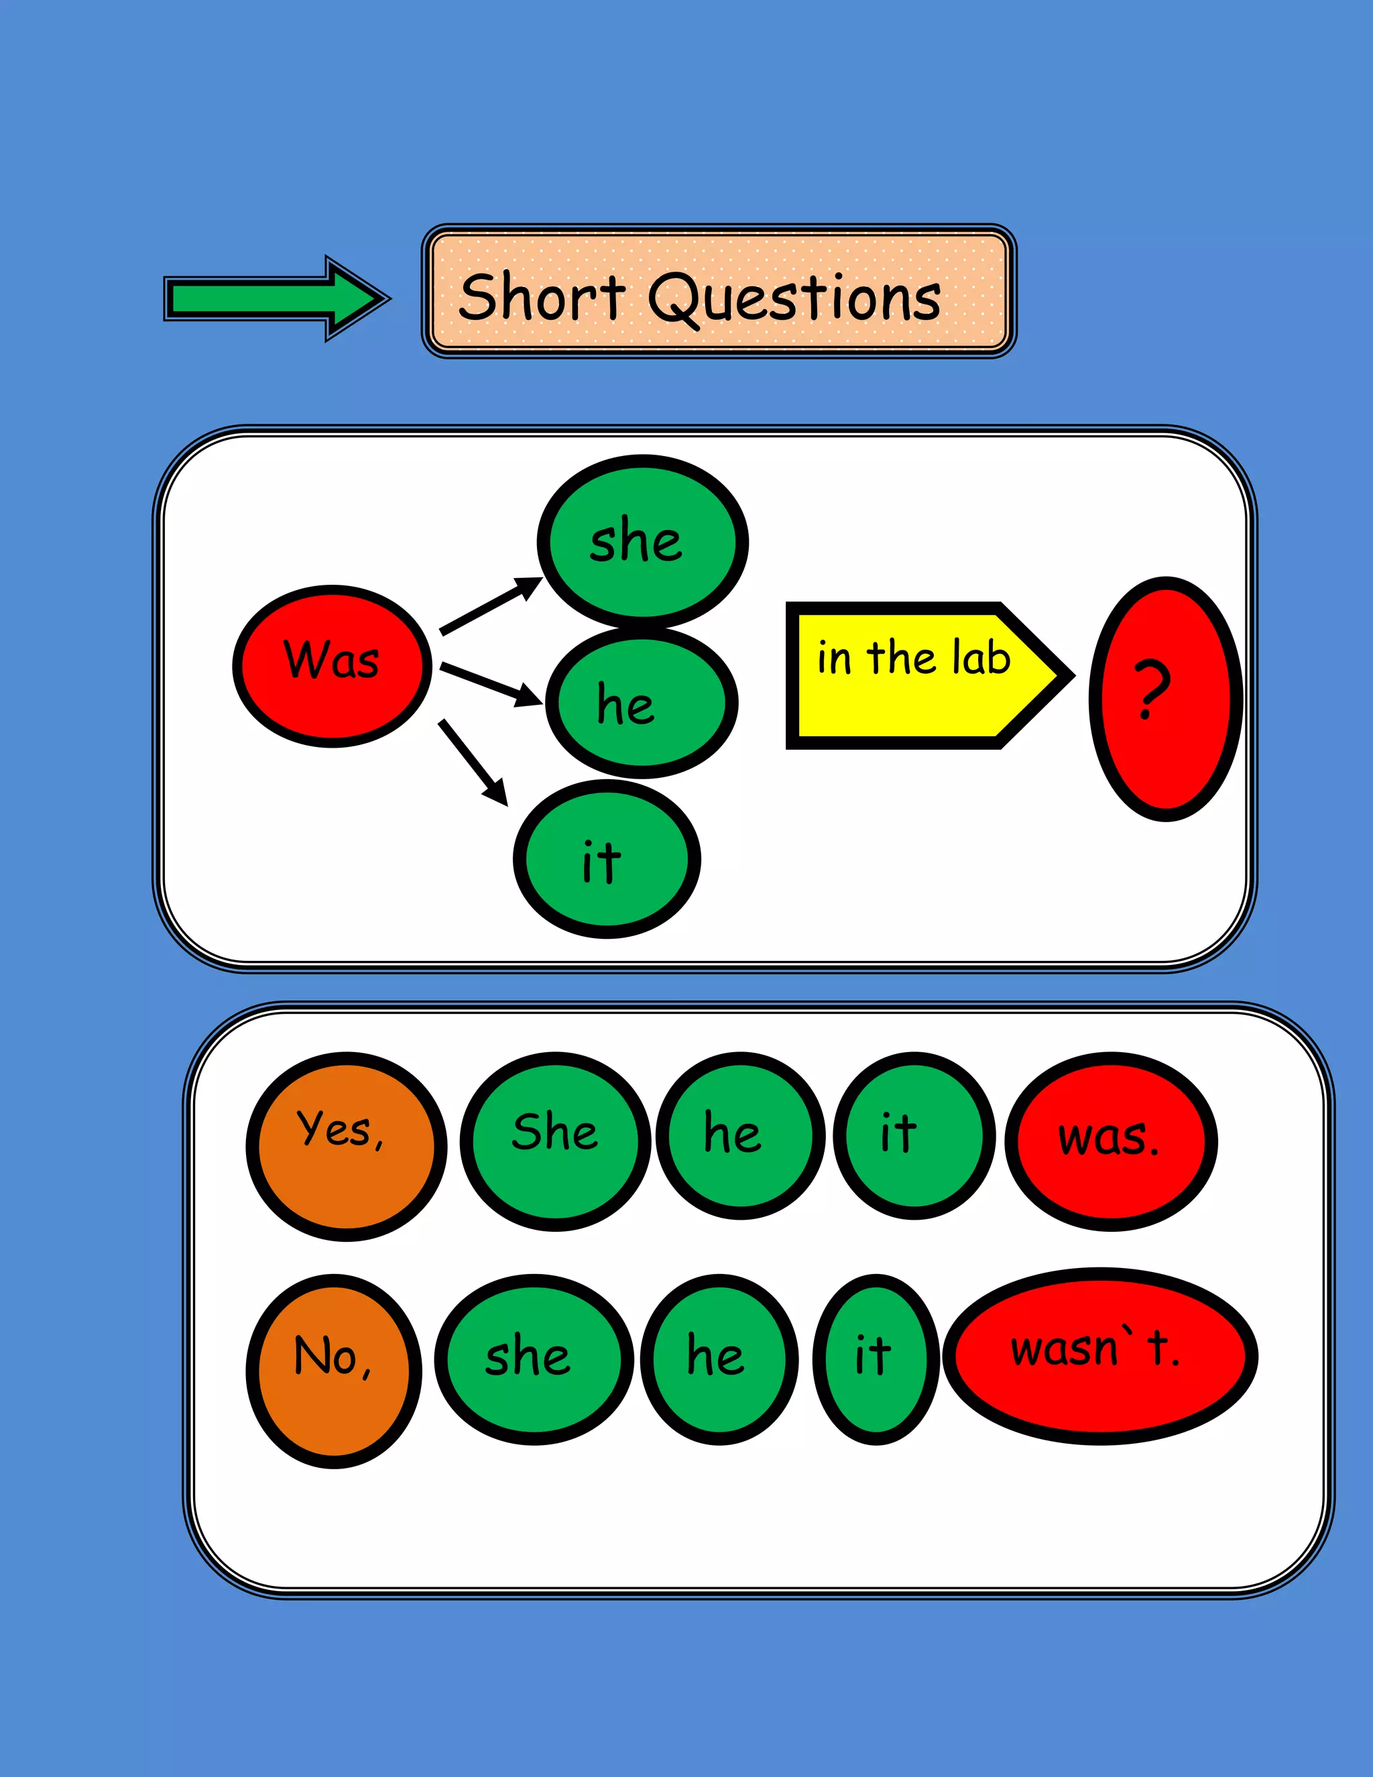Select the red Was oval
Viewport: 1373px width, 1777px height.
tap(332, 666)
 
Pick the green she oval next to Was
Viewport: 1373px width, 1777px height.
tap(642, 541)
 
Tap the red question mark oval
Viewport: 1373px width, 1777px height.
tap(1166, 698)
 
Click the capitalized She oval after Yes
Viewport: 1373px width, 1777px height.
tap(556, 1141)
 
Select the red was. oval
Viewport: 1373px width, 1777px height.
tap(1111, 1141)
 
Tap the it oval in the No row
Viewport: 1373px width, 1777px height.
tap(876, 1359)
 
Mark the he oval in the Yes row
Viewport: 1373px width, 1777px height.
tap(740, 1136)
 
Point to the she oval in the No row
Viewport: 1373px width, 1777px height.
tap(534, 1359)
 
